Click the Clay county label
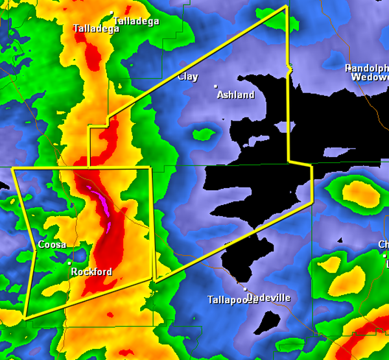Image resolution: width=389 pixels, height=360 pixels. [x=188, y=77]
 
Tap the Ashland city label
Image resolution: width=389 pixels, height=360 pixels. [x=236, y=95]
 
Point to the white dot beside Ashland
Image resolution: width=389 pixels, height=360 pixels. [x=216, y=86]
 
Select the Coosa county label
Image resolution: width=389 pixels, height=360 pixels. [x=51, y=245]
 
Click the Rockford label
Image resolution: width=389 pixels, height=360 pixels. [x=91, y=272]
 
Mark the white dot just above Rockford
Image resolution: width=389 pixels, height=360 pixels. [x=70, y=263]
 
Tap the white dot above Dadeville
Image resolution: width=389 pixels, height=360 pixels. [x=246, y=289]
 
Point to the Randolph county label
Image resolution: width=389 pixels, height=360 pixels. [x=367, y=68]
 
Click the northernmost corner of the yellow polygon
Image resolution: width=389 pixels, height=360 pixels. [x=286, y=6]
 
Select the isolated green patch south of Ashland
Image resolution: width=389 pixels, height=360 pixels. [x=204, y=135]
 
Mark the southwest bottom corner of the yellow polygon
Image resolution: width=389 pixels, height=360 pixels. [x=25, y=317]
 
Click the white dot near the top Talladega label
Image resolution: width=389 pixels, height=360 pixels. [x=112, y=12]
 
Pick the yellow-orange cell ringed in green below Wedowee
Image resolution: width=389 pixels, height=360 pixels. [x=356, y=191]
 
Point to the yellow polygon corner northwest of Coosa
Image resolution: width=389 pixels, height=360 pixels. [x=13, y=168]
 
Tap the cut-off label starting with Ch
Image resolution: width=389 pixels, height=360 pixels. [x=383, y=245]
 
